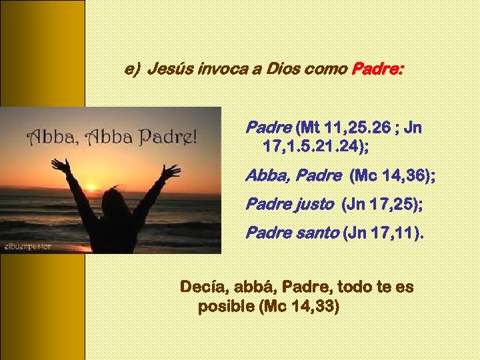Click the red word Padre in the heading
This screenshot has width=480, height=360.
(x=377, y=69)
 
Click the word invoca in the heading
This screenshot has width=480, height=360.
(x=220, y=69)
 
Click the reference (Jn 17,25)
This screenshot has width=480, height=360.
(x=381, y=204)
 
